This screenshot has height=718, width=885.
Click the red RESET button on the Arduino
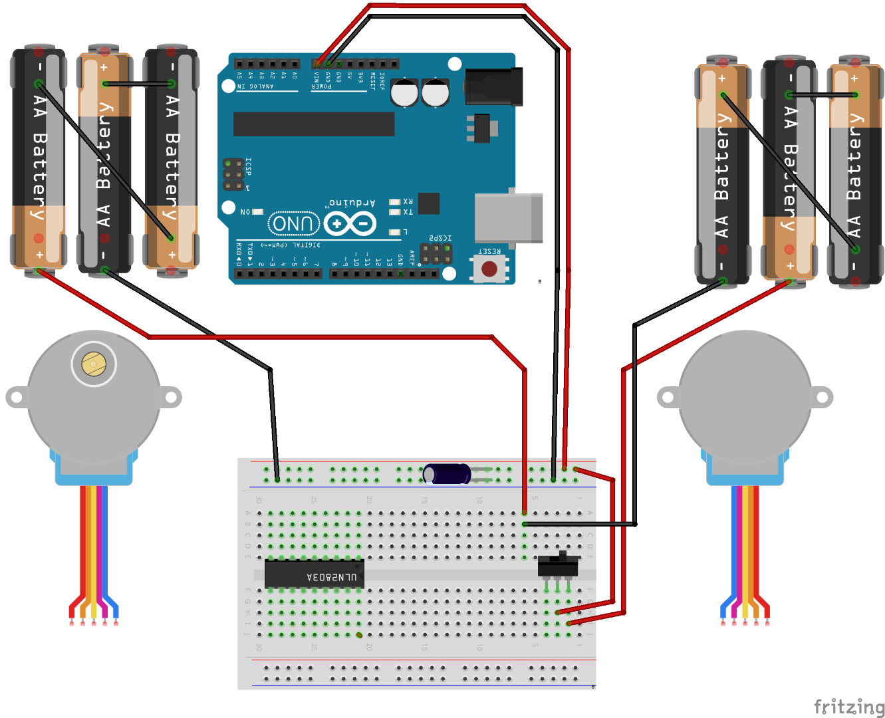click(489, 269)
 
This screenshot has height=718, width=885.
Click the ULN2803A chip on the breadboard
click(314, 574)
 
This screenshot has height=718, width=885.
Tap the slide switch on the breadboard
click(557, 567)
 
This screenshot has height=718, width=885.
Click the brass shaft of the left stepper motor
click(94, 364)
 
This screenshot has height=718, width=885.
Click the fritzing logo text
click(849, 706)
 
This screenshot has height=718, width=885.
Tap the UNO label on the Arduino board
click(293, 223)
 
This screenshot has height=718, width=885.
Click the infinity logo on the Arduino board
click(350, 224)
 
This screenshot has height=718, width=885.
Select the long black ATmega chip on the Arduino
click(314, 124)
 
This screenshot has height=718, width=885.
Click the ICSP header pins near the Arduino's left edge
click(233, 174)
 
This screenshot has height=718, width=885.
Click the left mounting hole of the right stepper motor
click(668, 398)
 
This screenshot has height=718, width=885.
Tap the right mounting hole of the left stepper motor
click(171, 398)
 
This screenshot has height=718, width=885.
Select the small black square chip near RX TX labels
click(429, 203)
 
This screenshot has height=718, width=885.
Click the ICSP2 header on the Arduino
click(436, 253)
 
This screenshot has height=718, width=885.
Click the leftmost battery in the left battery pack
click(39, 160)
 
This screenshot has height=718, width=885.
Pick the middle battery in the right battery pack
click(789, 170)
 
